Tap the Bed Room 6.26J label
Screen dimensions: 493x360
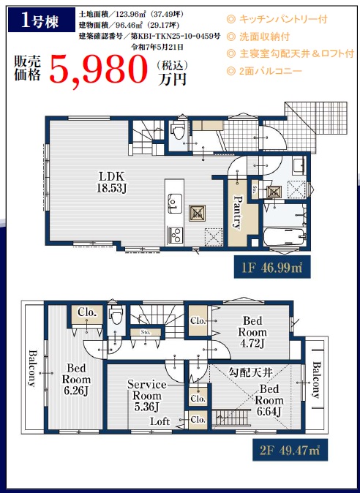(x=76, y=379)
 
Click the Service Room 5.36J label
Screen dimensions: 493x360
(x=147, y=396)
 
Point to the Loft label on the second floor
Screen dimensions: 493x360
(x=160, y=421)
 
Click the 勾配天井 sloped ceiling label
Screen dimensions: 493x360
(x=251, y=372)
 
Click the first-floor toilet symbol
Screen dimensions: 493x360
(x=178, y=132)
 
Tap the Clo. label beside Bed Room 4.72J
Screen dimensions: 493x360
(x=198, y=321)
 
